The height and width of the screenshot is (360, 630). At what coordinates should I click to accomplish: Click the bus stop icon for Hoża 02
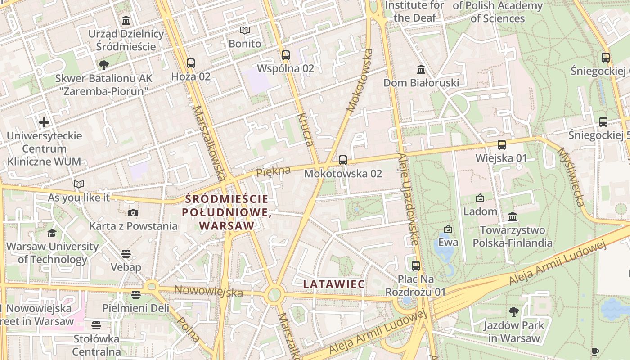pyautogui.click(x=191, y=63)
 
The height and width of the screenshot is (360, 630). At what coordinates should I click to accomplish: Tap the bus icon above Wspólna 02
pyautogui.click(x=286, y=55)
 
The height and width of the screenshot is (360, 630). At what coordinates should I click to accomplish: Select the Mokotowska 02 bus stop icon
pyautogui.click(x=343, y=160)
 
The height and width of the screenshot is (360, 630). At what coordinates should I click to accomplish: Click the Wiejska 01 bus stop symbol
pyautogui.click(x=502, y=145)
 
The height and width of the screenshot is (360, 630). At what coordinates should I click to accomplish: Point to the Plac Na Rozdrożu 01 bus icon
pyautogui.click(x=416, y=265)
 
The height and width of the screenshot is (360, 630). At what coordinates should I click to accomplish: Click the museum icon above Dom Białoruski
pyautogui.click(x=421, y=69)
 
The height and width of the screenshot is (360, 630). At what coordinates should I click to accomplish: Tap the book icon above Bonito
pyautogui.click(x=245, y=31)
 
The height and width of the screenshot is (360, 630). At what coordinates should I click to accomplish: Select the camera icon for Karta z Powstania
pyautogui.click(x=133, y=213)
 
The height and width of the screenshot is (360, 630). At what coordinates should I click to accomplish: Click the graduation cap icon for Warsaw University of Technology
pyautogui.click(x=52, y=233)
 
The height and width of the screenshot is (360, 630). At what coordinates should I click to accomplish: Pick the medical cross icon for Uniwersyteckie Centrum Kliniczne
pyautogui.click(x=44, y=122)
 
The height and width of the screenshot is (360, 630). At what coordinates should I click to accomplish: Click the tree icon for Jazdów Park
pyautogui.click(x=513, y=311)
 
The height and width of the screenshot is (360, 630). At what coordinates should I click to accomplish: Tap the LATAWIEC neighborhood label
pyautogui.click(x=334, y=284)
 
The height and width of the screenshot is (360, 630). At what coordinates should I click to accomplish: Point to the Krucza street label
pyautogui.click(x=305, y=130)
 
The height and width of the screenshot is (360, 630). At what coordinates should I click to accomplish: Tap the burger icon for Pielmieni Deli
pyautogui.click(x=136, y=295)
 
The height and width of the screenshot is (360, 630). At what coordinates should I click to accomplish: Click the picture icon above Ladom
pyautogui.click(x=480, y=198)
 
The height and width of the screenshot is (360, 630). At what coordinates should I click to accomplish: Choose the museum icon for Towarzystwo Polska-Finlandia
pyautogui.click(x=513, y=217)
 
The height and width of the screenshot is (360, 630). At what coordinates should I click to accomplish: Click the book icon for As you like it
pyautogui.click(x=79, y=184)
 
